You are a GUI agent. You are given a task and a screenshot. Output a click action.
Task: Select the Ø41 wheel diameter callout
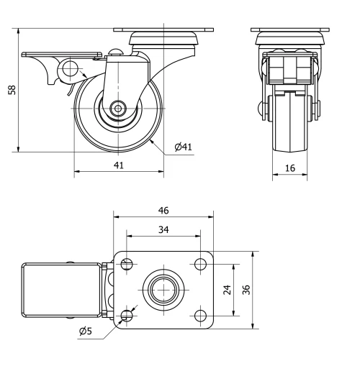pyautogui.click(x=183, y=147)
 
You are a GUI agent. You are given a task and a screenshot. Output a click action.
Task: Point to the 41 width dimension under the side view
pyautogui.click(x=119, y=165)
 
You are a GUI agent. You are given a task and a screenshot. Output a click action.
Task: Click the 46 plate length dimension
pyautogui.click(x=163, y=211)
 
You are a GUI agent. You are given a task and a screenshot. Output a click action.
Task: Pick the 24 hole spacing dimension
pyautogui.click(x=227, y=290)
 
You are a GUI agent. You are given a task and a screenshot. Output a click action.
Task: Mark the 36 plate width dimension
pyautogui.click(x=246, y=290)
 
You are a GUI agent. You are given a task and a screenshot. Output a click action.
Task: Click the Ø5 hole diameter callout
pyautogui.click(x=84, y=331)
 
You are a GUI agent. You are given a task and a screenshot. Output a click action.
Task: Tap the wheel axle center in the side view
pyautogui.click(x=117, y=110)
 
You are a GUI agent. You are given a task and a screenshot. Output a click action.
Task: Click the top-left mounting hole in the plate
pyautogui.click(x=127, y=264)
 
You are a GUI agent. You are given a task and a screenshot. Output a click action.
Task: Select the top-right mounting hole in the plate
pyautogui.click(x=200, y=264)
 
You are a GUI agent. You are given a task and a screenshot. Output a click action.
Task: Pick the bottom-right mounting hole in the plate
pyautogui.click(x=200, y=315)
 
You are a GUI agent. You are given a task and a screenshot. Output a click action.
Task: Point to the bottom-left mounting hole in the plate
pyautogui.click(x=127, y=315)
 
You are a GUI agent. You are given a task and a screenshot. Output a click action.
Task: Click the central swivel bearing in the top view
pyautogui.click(x=163, y=290)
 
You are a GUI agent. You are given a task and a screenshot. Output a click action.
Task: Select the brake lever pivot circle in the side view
pyautogui.click(x=70, y=70)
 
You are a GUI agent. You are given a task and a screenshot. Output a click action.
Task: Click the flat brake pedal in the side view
pyautogui.click(x=62, y=54)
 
